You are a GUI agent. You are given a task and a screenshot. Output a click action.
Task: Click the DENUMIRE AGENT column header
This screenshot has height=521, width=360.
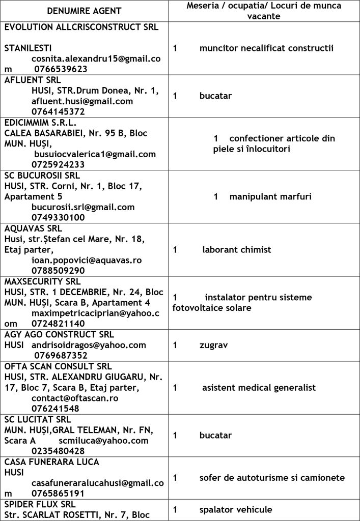[85, 11]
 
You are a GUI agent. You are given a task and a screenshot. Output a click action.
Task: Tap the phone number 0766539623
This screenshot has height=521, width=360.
[61, 69]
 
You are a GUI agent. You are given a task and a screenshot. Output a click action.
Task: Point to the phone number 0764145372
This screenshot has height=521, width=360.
[58, 111]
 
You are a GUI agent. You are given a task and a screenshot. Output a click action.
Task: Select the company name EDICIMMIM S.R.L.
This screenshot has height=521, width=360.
[40, 123]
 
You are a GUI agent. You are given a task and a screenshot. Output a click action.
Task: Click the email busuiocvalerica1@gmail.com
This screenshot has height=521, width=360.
[95, 154]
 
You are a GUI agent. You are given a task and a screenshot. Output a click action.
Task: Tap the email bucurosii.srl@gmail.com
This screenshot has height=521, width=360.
[83, 207]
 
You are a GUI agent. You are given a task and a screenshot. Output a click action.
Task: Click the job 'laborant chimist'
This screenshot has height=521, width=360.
[236, 250]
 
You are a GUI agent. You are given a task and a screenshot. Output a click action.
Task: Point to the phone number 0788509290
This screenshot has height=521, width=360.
[58, 271]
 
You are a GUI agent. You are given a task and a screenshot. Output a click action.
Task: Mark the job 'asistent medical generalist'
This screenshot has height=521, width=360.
[259, 388]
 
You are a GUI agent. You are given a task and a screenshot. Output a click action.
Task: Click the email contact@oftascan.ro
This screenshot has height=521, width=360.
[75, 398]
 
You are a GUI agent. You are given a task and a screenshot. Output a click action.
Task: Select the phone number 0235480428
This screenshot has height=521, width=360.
[58, 451]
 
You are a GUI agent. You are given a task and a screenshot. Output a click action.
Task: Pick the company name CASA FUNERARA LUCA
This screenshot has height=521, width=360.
[51, 461]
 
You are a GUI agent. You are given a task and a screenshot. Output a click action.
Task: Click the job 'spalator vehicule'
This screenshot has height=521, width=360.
[236, 509]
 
